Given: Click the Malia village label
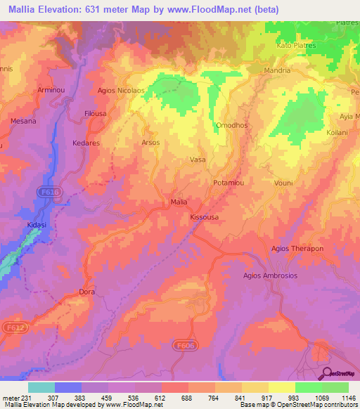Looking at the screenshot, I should pyautogui.click(x=179, y=202).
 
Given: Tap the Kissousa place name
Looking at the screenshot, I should pyautogui.click(x=205, y=217).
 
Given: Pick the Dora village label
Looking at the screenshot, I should pyautogui.click(x=86, y=292).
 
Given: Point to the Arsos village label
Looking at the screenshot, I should pyautogui.click(x=150, y=142).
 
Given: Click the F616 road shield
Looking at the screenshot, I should pyautogui.click(x=51, y=191).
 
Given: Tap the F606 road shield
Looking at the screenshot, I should pyautogui.click(x=184, y=344).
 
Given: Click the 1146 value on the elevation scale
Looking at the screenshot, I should pyautogui.click(x=347, y=398).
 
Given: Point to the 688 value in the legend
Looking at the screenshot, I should pyautogui.click(x=186, y=398).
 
